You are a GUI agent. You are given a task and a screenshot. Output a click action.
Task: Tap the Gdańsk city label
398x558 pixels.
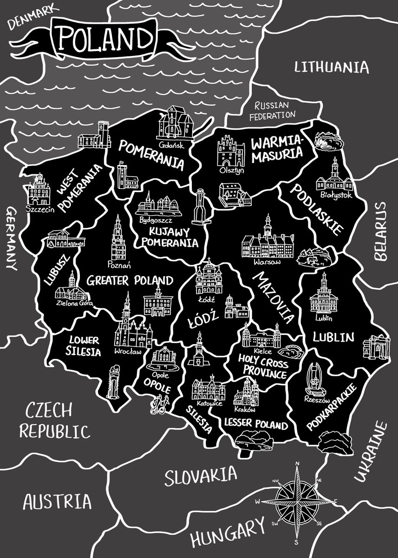tap(171, 145)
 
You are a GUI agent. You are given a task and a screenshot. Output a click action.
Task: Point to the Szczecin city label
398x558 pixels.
tap(40, 209)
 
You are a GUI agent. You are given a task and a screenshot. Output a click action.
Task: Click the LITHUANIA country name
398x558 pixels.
tap(332, 67)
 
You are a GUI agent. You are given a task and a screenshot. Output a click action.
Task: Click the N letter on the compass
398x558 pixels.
tap(297, 464)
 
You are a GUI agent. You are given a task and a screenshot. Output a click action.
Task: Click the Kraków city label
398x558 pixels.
tap(245, 410)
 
